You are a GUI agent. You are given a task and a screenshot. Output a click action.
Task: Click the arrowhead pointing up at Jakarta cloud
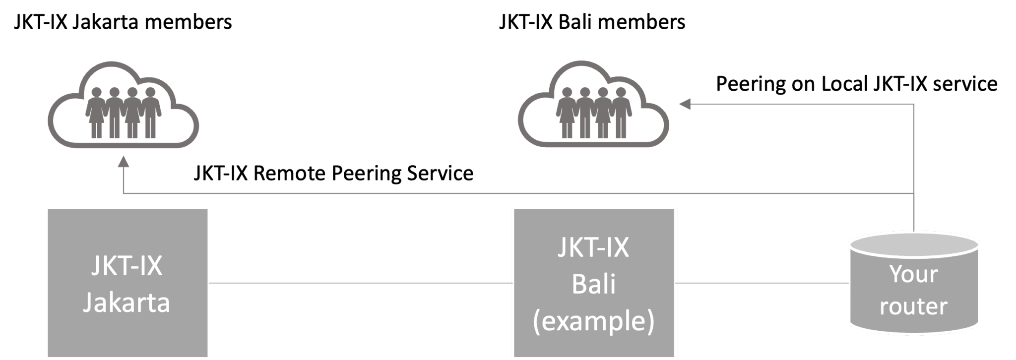pyautogui.click(x=123, y=162)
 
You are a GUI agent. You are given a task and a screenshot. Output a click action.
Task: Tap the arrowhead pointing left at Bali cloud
pyautogui.click(x=685, y=104)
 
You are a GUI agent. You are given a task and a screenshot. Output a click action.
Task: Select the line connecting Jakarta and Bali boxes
pyautogui.click(x=361, y=283)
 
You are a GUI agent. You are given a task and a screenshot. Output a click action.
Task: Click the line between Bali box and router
pyautogui.click(x=762, y=283)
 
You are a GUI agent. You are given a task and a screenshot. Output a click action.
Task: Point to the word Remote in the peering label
pyautogui.click(x=290, y=174)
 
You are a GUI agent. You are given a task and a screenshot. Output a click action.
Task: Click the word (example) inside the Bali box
pyautogui.click(x=593, y=321)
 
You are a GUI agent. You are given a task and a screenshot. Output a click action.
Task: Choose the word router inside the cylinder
pyautogui.click(x=913, y=306)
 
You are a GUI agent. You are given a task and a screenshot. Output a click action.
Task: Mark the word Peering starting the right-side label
pyautogui.click(x=751, y=84)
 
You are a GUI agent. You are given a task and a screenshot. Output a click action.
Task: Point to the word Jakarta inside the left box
pyautogui.click(x=127, y=302)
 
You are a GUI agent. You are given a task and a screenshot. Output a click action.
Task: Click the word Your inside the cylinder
pyautogui.click(x=913, y=274)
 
